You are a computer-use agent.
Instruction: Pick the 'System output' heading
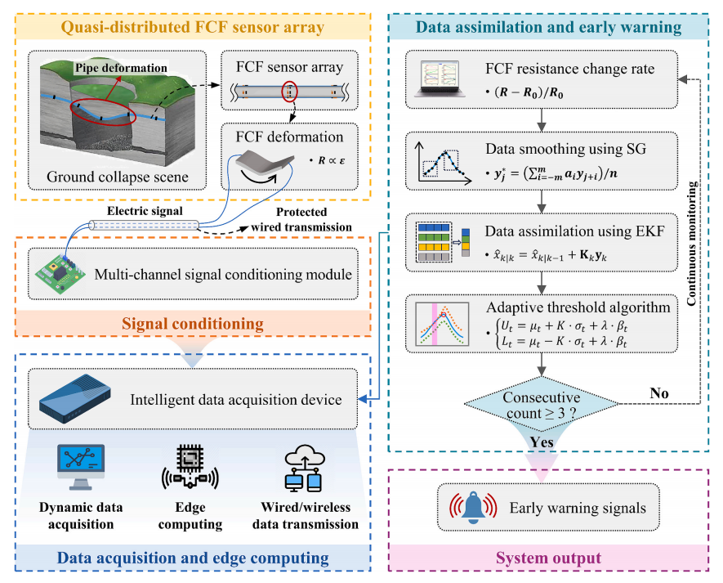point(549,558)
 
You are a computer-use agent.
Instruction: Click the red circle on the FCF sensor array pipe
point(290,92)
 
